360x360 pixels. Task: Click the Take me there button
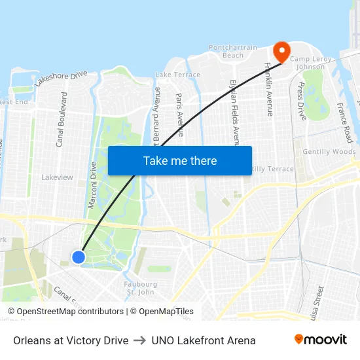pos(180,160)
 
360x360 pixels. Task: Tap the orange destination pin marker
pos(281,52)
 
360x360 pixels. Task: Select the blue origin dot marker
pos(79,257)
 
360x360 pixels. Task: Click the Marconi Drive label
pos(93,185)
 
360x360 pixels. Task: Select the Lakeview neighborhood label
pos(58,177)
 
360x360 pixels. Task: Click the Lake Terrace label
pos(178,75)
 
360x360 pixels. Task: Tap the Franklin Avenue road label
pos(268,89)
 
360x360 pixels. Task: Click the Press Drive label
pos(302,101)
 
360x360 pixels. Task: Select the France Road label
pos(345,122)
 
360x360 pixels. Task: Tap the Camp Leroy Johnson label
pos(312,63)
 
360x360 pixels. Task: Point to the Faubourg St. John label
pos(140,288)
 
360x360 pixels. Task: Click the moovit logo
pos(320,340)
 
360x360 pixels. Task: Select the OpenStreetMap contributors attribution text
pos(65,312)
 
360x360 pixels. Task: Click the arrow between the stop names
pos(139,340)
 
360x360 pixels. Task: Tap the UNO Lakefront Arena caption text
pos(203,340)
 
